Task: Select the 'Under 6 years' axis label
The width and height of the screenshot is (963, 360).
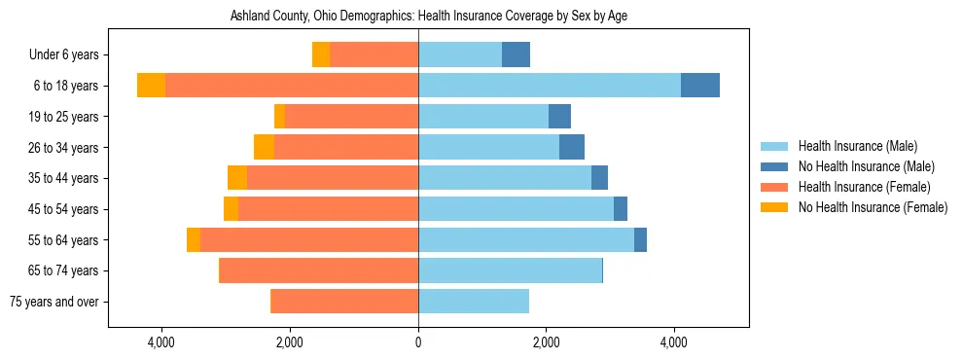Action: [70, 54]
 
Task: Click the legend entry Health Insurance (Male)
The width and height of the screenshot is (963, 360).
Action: [857, 146]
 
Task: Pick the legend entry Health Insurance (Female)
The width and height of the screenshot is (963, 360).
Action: [865, 187]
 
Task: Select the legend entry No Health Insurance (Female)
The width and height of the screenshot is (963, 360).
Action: [873, 207]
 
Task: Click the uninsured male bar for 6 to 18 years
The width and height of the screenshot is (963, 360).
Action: [700, 85]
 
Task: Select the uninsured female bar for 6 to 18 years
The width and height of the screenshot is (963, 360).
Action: [151, 85]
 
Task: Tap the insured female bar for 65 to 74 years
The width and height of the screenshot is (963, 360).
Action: [319, 270]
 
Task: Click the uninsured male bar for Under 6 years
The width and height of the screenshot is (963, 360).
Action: [516, 54]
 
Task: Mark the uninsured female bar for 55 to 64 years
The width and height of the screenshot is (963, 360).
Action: [194, 239]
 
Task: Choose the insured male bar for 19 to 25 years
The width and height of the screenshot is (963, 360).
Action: [483, 116]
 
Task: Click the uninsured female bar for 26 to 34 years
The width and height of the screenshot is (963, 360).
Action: [264, 147]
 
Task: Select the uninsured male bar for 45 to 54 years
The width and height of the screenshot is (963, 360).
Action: [621, 209]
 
